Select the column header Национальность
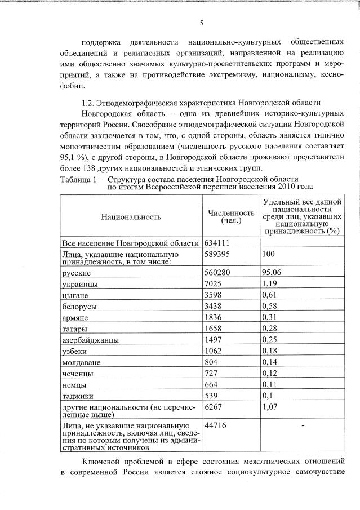tap(131, 216)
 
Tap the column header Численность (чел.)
tap(231, 217)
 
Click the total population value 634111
tap(219, 243)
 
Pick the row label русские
tap(78, 273)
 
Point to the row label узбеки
tap(77, 351)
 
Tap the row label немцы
tap(76, 384)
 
